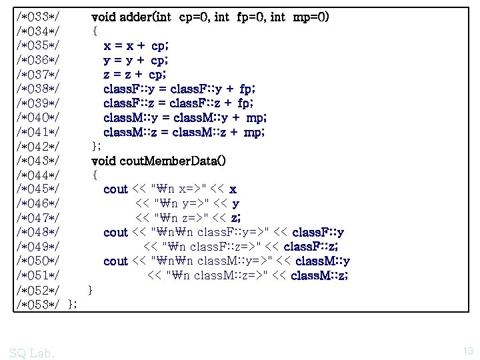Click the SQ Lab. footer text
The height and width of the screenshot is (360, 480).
coord(33,352)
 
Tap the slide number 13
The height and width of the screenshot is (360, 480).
coord(467,350)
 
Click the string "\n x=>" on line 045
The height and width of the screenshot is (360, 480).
coord(180,189)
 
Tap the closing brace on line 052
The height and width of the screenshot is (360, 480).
coord(91,290)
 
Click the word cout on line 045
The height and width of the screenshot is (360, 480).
coord(115,189)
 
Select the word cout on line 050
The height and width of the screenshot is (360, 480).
coord(115,261)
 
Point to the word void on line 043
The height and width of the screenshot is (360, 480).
coord(103,161)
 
